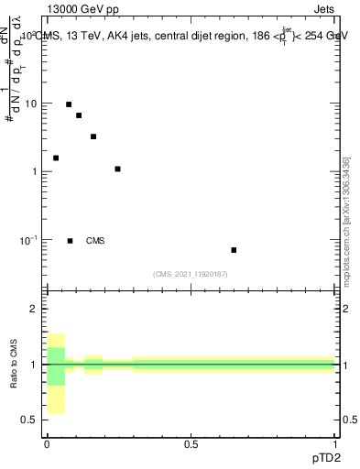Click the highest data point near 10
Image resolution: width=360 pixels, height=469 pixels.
point(69,104)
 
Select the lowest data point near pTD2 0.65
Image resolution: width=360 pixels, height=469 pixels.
point(234,250)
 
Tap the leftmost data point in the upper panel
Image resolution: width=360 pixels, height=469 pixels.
point(56,158)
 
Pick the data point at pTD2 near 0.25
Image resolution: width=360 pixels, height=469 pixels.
point(117,169)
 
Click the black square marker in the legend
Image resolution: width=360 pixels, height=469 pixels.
point(71,241)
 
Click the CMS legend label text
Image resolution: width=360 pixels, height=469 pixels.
point(95,241)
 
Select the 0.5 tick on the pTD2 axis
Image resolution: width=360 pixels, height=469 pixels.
point(191,444)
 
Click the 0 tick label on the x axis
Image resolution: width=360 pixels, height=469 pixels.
point(46,444)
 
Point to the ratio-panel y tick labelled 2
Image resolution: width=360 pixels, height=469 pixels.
point(33,310)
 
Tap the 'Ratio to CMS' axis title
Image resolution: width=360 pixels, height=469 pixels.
point(14,364)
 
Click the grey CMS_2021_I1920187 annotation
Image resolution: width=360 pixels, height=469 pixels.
point(191,274)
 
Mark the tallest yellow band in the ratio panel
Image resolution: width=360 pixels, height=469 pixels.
point(56,373)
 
